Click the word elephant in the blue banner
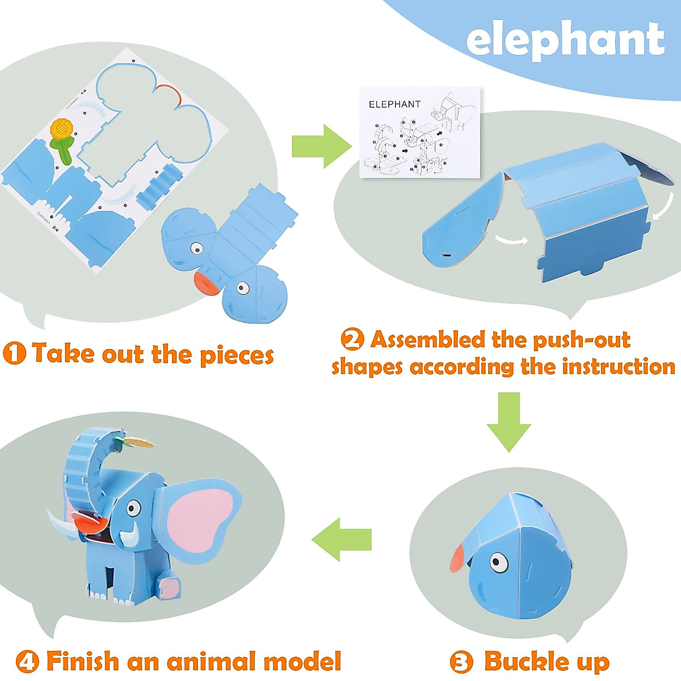[565, 39]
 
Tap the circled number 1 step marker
[14, 354]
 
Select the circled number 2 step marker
[352, 339]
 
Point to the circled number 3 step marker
[461, 662]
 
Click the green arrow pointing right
[321, 146]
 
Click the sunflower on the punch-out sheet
[60, 129]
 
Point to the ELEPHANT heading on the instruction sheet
[394, 104]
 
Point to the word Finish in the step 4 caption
[83, 662]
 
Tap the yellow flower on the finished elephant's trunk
[138, 442]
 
